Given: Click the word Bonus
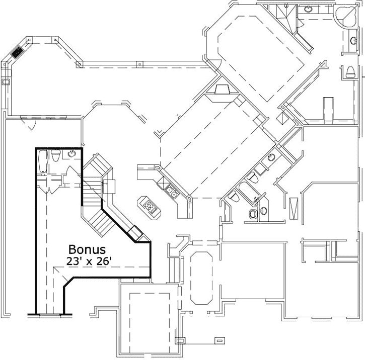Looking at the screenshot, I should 87,249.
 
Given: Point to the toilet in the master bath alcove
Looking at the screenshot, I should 350,71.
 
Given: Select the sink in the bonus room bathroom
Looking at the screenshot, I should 72,153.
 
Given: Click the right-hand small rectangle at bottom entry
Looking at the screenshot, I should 219,340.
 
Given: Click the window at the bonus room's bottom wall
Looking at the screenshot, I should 49,315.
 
